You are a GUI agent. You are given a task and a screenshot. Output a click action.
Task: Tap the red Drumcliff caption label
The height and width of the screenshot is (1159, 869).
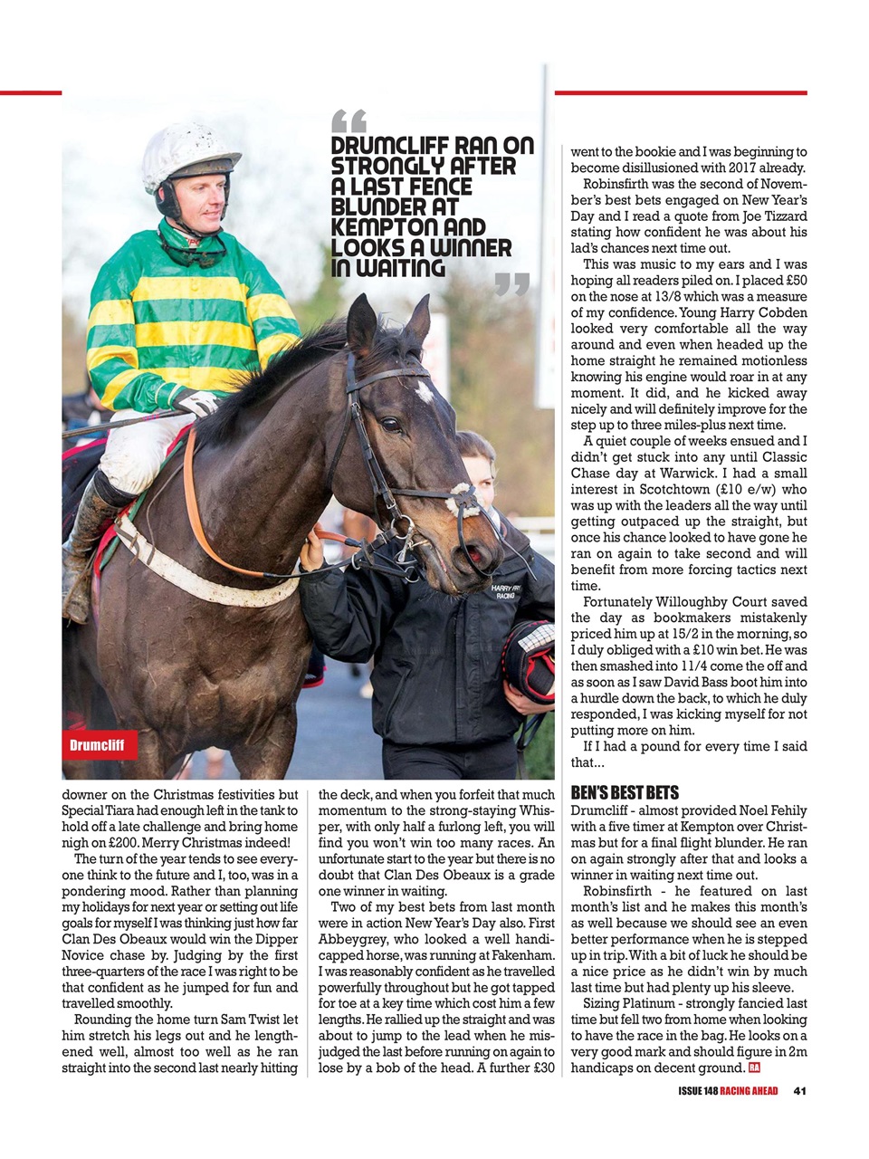click(100, 745)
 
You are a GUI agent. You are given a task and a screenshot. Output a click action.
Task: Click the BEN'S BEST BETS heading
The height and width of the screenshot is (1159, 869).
click(625, 792)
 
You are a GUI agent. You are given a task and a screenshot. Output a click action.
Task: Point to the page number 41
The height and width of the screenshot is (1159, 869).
click(799, 1090)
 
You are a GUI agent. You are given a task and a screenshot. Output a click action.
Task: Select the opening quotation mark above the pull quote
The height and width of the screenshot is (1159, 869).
click(349, 120)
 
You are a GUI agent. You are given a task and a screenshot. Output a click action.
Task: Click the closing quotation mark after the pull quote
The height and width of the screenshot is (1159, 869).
click(512, 285)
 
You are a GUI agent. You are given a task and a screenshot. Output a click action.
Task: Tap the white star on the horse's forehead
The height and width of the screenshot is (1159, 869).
click(424, 390)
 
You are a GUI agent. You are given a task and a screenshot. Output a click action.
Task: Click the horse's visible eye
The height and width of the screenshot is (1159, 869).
click(391, 424)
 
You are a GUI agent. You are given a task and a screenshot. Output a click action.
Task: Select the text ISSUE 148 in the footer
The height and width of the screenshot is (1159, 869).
click(697, 1090)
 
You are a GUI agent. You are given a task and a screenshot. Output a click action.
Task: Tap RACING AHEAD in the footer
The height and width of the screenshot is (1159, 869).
click(749, 1090)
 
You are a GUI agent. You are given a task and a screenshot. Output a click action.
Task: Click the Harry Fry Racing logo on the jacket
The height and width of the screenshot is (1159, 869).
click(504, 590)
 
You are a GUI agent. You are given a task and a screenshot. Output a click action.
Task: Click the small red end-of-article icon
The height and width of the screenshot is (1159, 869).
click(754, 1068)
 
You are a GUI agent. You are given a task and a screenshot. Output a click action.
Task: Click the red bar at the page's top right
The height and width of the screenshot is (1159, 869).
click(680, 92)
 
